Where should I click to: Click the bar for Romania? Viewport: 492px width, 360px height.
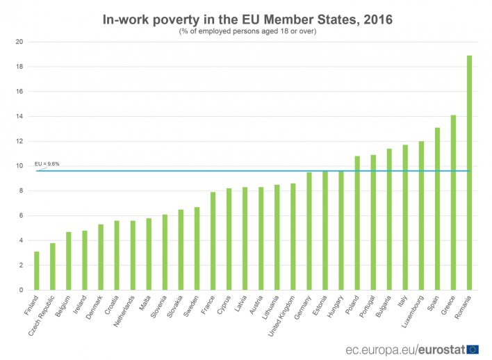click(469, 173)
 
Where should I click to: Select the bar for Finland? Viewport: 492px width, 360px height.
click(36, 271)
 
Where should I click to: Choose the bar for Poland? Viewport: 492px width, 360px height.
click(357, 223)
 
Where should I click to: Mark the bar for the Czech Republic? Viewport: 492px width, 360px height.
click(52, 267)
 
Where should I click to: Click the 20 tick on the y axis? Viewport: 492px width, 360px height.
click(20, 42)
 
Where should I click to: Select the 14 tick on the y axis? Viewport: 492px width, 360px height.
click(20, 116)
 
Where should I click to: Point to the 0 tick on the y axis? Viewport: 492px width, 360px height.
click(22, 290)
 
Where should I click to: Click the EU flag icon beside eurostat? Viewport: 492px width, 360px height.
click(473, 348)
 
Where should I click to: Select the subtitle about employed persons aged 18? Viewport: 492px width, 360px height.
click(247, 31)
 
